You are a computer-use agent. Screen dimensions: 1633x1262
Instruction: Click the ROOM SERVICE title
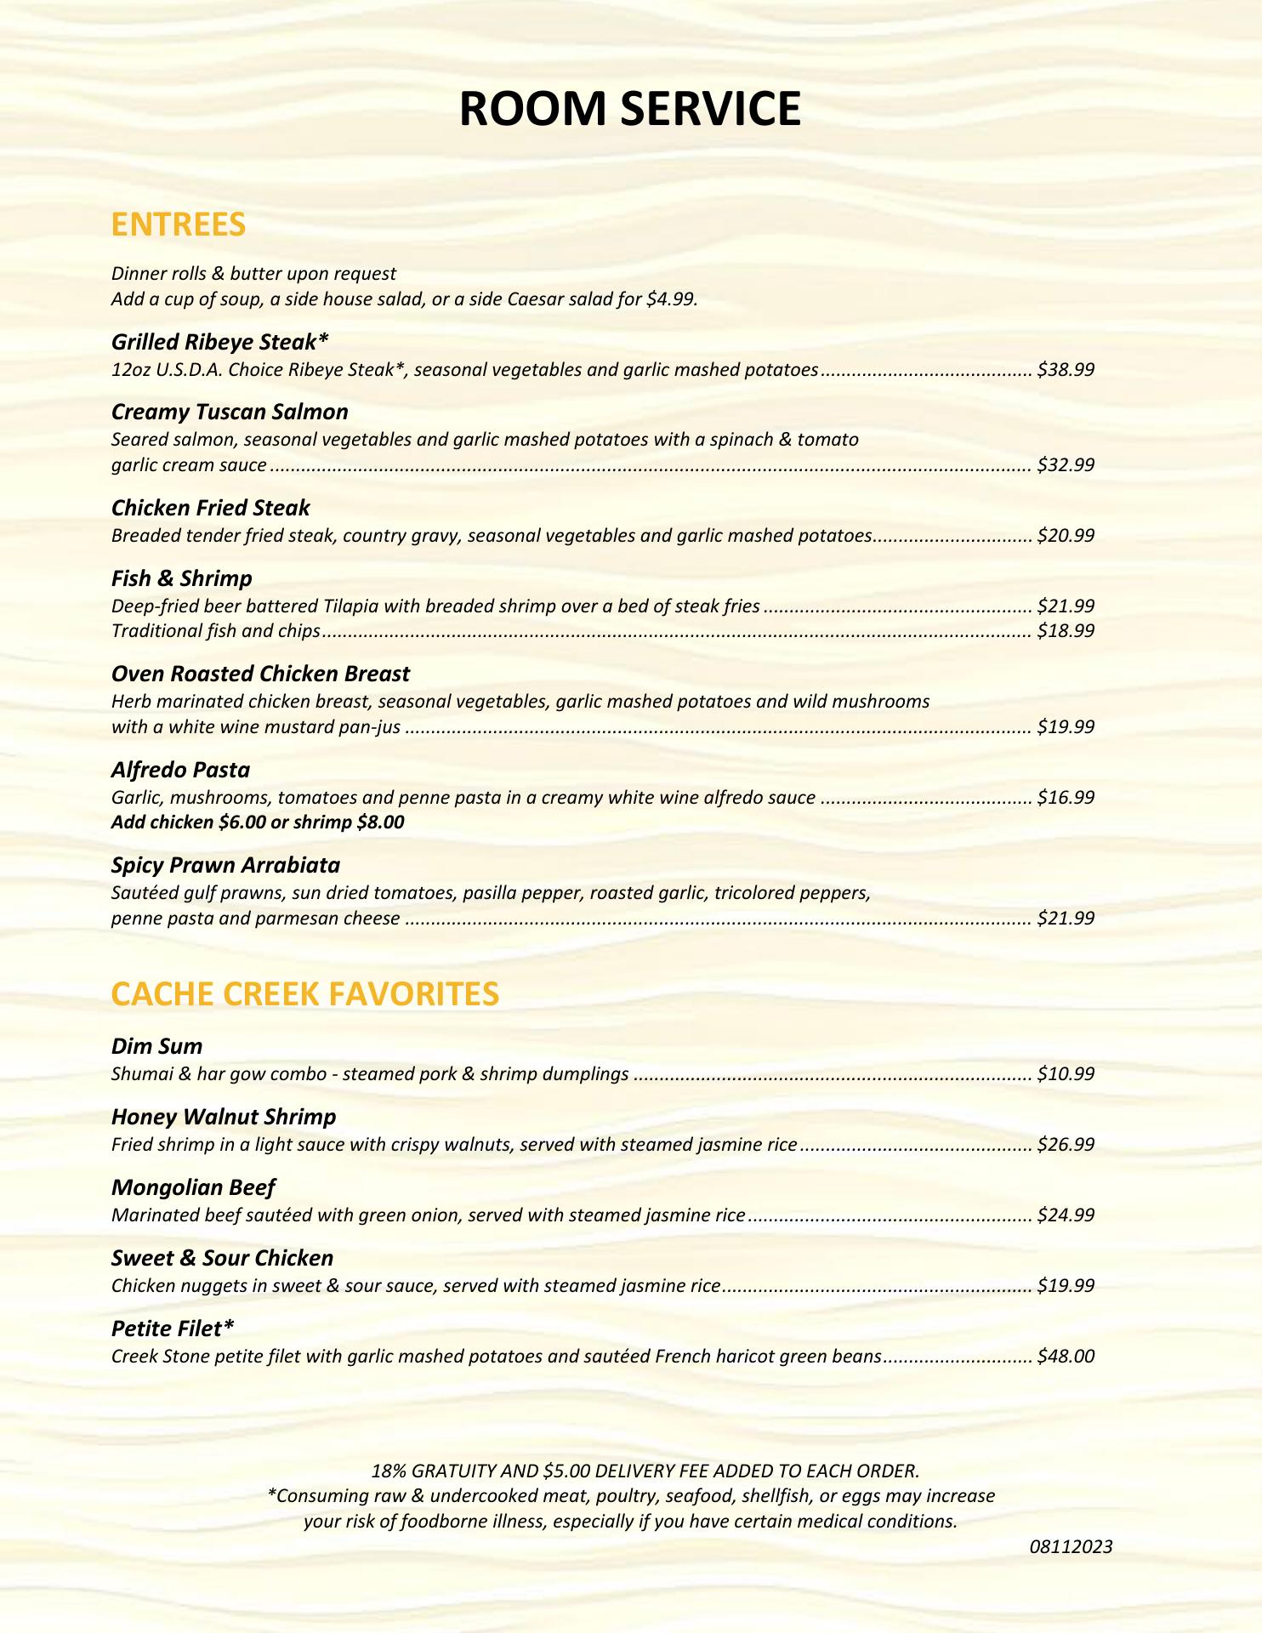point(630,110)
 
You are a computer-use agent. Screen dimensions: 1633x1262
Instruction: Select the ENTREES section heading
point(179,225)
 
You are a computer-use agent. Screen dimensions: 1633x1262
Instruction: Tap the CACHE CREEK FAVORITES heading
point(304,993)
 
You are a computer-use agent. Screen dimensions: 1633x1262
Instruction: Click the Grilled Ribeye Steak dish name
point(219,342)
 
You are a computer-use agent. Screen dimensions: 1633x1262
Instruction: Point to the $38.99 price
point(1066,370)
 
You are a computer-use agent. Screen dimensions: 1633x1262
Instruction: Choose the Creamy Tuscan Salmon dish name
point(230,413)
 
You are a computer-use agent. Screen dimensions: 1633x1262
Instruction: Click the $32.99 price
point(1066,465)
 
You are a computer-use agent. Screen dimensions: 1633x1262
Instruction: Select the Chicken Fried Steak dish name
point(210,508)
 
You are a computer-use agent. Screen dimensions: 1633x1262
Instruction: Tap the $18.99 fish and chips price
point(1066,631)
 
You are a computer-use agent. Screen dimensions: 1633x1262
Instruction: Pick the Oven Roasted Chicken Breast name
point(260,674)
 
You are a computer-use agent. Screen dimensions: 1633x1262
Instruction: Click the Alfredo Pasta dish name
point(180,770)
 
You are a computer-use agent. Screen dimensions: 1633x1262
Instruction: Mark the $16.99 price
point(1066,798)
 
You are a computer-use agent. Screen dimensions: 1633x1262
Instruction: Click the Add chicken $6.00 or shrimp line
point(258,822)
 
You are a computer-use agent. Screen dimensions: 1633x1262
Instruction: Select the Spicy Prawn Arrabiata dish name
point(225,865)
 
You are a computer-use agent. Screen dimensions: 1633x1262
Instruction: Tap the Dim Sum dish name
point(156,1046)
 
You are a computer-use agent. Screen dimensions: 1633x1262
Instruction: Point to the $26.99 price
point(1066,1145)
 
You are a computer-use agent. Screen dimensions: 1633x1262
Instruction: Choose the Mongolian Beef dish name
point(193,1187)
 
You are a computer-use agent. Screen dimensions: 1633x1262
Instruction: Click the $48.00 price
point(1066,1357)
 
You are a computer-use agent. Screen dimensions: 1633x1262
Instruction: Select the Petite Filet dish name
point(172,1328)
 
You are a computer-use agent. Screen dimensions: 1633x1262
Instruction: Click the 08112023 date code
point(1071,1547)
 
